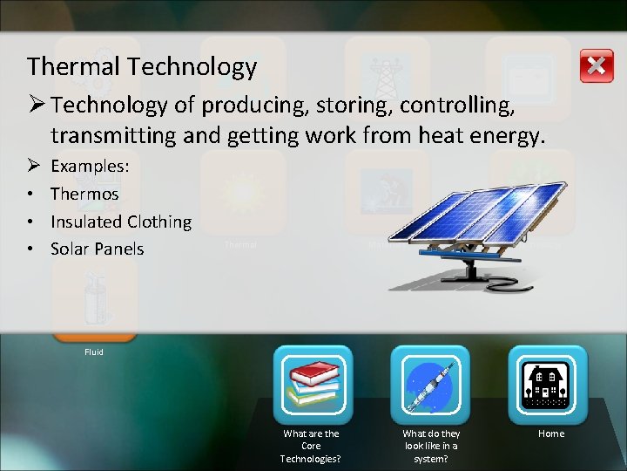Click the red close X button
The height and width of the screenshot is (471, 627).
coord(596,66)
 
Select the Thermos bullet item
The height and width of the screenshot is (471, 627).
coord(84,194)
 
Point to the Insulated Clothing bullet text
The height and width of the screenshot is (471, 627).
coord(121,222)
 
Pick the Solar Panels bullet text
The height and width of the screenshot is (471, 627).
coord(97,249)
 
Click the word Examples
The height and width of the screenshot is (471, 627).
coord(91,166)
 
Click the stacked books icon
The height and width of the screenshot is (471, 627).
coord(313,385)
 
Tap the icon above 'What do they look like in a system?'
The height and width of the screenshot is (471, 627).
coord(430,385)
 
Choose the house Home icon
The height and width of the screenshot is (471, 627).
coord(548,385)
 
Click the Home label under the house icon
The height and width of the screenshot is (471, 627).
coord(551,433)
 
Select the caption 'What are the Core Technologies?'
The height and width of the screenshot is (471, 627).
coord(312,446)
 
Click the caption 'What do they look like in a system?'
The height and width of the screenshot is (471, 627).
coord(431,446)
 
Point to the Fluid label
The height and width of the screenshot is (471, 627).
coord(94,352)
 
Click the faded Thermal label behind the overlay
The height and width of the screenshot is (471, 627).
coord(241,245)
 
